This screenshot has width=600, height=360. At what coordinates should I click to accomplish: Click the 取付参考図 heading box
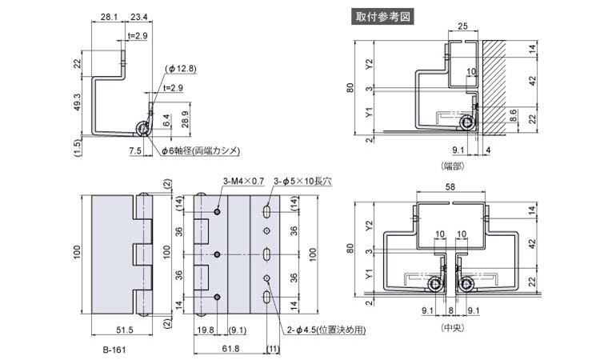coord(383,15)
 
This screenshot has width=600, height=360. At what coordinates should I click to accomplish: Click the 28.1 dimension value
coord(109,16)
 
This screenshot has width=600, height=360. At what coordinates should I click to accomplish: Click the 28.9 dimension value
coord(185,118)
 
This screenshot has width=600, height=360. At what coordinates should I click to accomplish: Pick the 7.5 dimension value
coord(134,150)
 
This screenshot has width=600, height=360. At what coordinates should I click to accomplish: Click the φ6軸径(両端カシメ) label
coord(200,150)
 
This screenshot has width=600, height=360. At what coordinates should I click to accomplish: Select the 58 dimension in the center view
coord(451,188)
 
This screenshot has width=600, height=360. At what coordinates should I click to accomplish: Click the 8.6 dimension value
coord(513,116)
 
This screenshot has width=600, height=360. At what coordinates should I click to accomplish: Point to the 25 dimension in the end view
coord(462,26)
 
